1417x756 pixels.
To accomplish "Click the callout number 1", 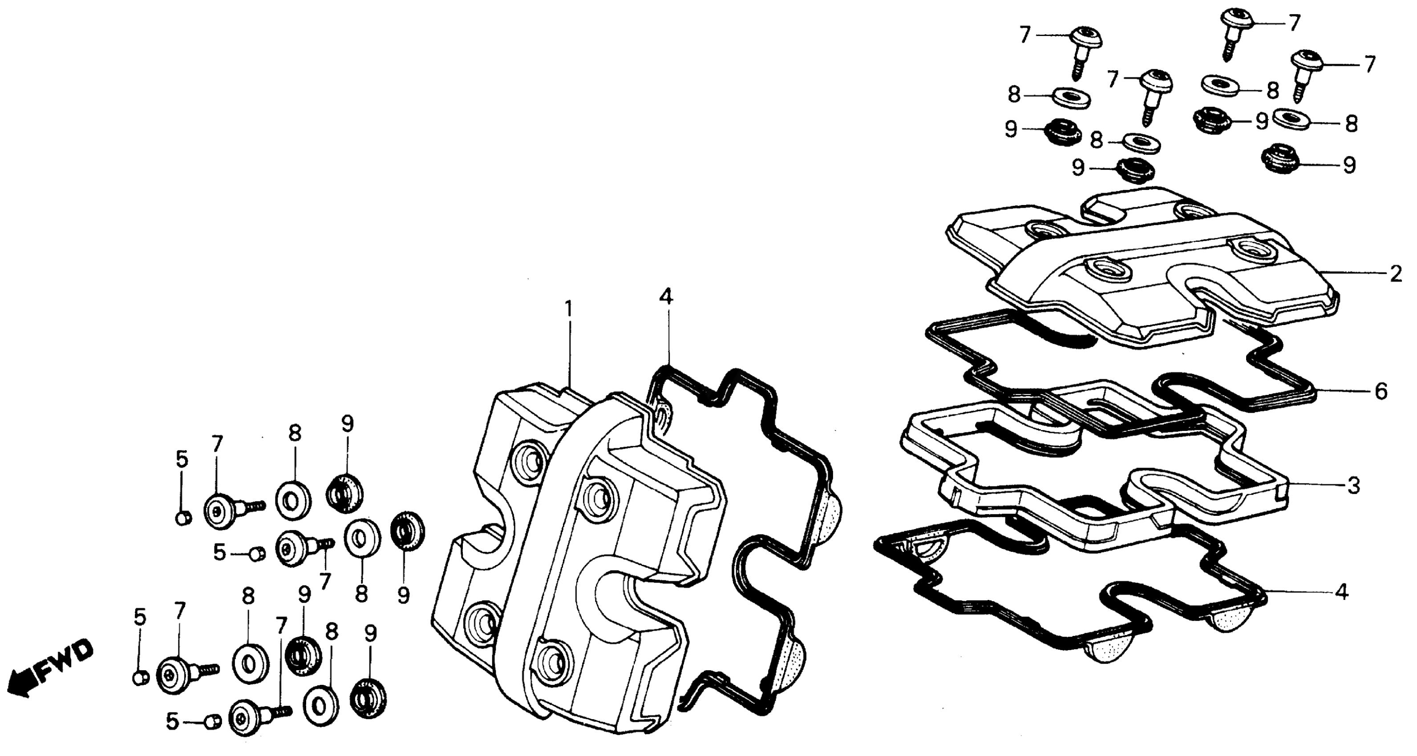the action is (x=569, y=310).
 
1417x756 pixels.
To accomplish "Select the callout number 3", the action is (x=1353, y=486).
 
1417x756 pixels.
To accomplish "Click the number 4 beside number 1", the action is (x=666, y=298).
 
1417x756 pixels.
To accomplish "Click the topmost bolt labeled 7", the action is (x=1237, y=22).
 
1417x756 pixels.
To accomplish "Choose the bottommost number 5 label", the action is (x=173, y=722).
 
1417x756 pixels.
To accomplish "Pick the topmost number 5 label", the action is (x=182, y=460).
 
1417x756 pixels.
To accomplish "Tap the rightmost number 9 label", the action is (x=1349, y=165).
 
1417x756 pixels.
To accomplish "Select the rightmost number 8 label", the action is (x=1352, y=124).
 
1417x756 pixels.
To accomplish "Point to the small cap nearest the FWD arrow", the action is (x=141, y=678).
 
